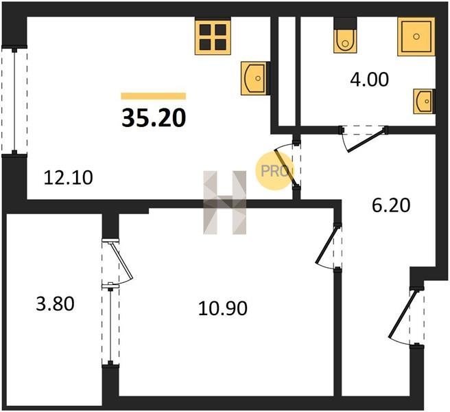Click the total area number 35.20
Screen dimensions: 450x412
(x=154, y=118)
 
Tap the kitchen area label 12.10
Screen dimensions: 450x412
(x=69, y=177)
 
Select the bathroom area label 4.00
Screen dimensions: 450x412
(x=369, y=79)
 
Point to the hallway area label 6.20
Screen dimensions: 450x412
(x=391, y=205)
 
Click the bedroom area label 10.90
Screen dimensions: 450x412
(x=223, y=308)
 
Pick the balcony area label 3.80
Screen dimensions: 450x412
(x=55, y=304)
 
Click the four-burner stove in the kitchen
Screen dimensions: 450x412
(x=213, y=36)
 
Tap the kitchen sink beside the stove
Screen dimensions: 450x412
(x=254, y=78)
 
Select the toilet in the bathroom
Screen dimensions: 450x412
(x=345, y=35)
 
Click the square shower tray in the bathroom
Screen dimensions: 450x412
(x=416, y=36)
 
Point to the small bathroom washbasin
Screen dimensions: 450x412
(x=424, y=102)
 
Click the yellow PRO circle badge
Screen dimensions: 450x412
(x=274, y=171)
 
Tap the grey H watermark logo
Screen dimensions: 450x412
(x=225, y=203)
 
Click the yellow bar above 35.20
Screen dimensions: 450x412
(x=154, y=96)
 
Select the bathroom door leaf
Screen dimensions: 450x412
(x=366, y=141)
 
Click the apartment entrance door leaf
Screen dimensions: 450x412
(x=402, y=314)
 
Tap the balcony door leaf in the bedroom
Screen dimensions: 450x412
(x=121, y=261)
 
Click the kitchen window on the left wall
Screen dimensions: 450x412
(x=14, y=100)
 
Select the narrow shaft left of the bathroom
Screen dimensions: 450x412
(x=287, y=71)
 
